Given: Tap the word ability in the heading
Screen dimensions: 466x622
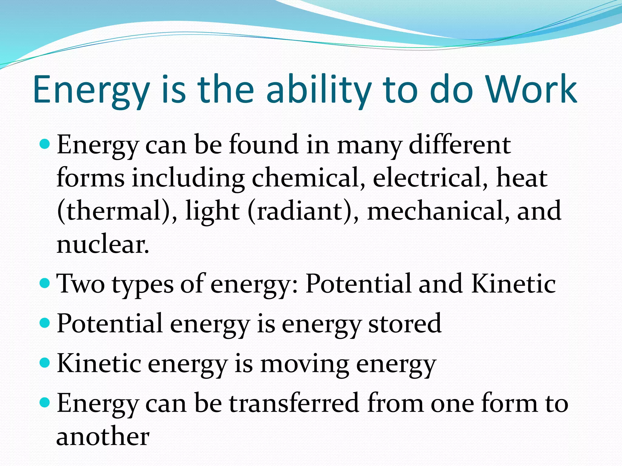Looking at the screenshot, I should (x=319, y=90).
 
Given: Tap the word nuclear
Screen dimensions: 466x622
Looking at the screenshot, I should (x=103, y=245).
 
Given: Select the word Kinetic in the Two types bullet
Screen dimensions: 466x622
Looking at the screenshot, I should (x=513, y=284).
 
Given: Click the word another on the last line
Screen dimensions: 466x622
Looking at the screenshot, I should (x=103, y=437).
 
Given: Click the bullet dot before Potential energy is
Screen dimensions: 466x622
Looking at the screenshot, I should (x=45, y=323).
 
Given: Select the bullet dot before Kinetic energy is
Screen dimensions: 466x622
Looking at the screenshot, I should (x=45, y=363).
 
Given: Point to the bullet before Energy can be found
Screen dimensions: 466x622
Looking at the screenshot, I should (x=45, y=144).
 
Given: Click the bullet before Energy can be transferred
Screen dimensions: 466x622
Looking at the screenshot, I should (x=45, y=403).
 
